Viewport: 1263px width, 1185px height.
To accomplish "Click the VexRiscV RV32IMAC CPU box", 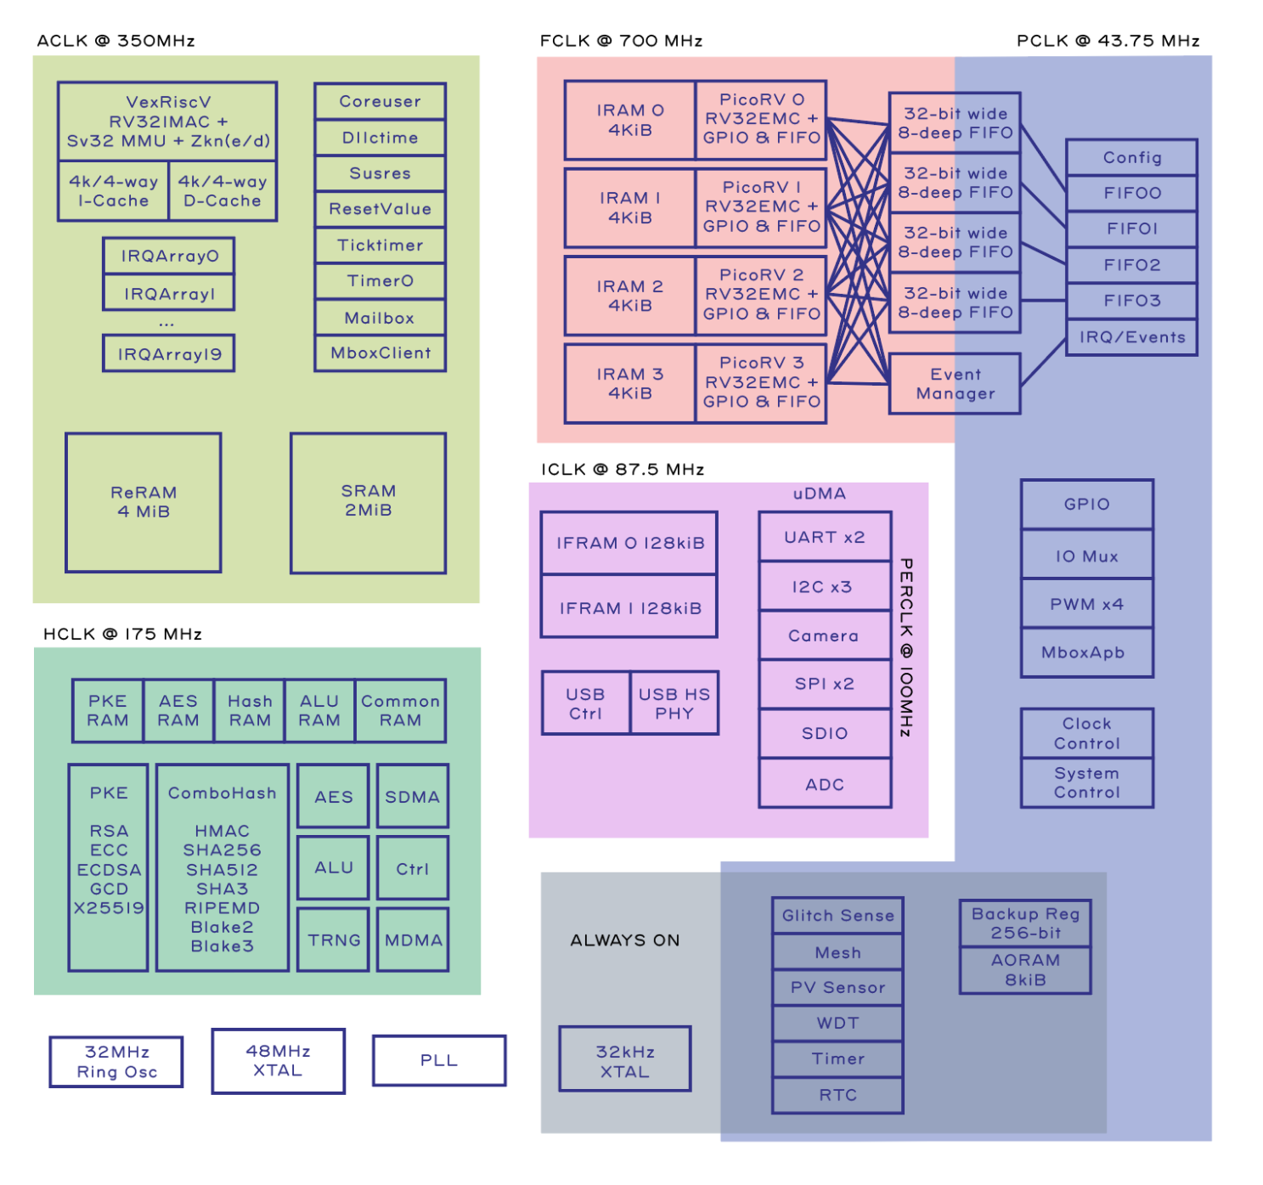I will pyautogui.click(x=167, y=121).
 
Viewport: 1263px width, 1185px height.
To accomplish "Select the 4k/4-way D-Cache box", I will pyautogui.click(x=223, y=191).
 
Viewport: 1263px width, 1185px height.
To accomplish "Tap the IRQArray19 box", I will pyautogui.click(x=168, y=353).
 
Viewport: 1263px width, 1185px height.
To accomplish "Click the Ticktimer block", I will pyautogui.click(x=380, y=245).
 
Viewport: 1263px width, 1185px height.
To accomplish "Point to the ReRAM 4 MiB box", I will pyautogui.click(x=144, y=502).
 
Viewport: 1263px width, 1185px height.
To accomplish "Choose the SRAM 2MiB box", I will pyautogui.click(x=368, y=502).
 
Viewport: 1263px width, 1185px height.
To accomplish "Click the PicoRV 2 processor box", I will pyautogui.click(x=760, y=295).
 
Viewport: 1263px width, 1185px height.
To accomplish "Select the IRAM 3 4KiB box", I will pyautogui.click(x=629, y=383).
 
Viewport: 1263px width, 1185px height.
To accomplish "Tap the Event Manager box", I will pyautogui.click(x=955, y=384).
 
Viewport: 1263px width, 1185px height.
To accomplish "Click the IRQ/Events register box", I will pyautogui.click(x=1131, y=337).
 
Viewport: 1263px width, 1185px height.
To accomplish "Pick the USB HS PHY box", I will pyautogui.click(x=674, y=703).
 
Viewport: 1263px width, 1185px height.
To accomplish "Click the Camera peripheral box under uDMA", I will pyautogui.click(x=824, y=635).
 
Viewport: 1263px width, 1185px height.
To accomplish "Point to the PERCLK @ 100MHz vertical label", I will pyautogui.click(x=906, y=646).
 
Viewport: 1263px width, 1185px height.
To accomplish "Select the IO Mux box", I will pyautogui.click(x=1086, y=556).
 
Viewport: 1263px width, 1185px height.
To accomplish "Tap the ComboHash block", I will pyautogui.click(x=223, y=867).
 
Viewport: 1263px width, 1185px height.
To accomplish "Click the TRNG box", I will pyautogui.click(x=334, y=940).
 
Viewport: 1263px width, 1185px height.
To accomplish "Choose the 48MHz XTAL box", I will pyautogui.click(x=278, y=1061).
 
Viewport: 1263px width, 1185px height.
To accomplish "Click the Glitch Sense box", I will pyautogui.click(x=837, y=916).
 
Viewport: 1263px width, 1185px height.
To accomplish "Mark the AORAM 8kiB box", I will pyautogui.click(x=1025, y=970).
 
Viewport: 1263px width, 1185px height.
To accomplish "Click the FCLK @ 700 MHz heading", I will pyautogui.click(x=621, y=41).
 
